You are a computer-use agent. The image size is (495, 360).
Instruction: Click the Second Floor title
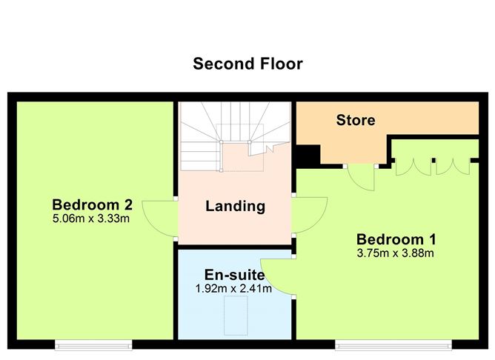[247, 64]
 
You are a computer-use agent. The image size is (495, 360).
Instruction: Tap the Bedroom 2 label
[92, 204]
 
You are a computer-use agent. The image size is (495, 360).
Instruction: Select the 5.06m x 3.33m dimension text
[92, 219]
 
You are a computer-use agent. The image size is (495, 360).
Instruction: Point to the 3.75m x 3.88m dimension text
[396, 253]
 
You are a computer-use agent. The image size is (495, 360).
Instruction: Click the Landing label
[235, 206]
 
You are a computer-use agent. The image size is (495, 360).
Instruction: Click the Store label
[356, 120]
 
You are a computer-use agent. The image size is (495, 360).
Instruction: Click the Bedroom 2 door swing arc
[159, 219]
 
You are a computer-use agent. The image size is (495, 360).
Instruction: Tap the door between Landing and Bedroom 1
[310, 216]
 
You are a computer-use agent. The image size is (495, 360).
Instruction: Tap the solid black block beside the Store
[306, 156]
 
